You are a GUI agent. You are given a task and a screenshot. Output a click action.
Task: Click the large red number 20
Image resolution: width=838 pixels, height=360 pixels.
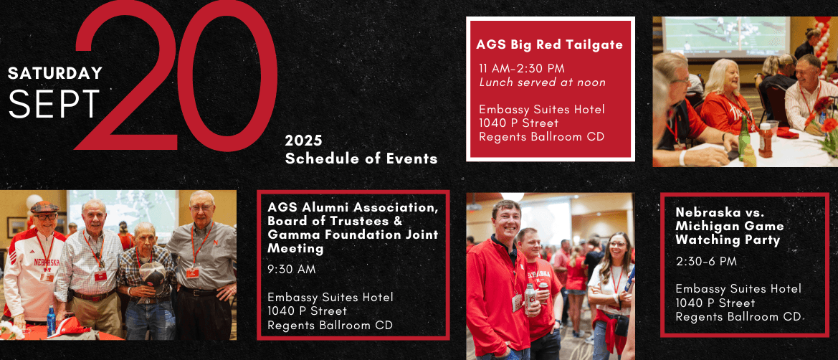176,75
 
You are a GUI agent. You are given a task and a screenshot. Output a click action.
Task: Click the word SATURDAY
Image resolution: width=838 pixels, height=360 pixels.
55,73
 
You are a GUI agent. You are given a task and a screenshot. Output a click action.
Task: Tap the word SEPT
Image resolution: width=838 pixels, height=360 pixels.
54,104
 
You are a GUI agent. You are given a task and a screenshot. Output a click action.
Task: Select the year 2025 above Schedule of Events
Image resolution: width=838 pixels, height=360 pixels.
303,141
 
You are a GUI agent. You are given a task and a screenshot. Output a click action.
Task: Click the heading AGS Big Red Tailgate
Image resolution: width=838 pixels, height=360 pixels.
549,45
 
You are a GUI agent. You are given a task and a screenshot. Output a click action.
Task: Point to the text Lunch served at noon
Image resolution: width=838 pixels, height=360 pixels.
543,82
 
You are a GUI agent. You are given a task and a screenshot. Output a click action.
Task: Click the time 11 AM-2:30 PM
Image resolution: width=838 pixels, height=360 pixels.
522,68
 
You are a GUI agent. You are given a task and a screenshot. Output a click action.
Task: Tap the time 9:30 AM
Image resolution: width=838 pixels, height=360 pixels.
292,270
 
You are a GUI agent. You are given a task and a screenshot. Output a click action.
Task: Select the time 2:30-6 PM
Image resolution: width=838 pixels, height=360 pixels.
706,262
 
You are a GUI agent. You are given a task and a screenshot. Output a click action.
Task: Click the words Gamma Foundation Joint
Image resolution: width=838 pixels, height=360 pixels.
353,235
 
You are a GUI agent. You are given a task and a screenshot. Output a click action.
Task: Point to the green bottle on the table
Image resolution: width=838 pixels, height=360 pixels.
743,138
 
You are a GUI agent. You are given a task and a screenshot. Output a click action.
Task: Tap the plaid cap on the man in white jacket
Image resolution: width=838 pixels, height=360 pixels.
44,207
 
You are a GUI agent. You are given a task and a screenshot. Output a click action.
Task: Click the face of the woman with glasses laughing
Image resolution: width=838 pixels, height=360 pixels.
616,249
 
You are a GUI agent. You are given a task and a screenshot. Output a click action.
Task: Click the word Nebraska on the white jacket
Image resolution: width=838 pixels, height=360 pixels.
47,262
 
